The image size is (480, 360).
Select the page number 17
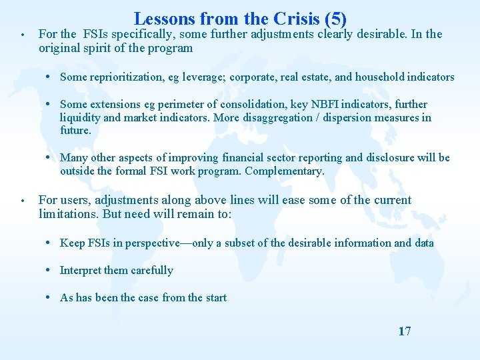(x=404, y=331)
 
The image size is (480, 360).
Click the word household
(x=383, y=77)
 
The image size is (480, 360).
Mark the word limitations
(x=67, y=214)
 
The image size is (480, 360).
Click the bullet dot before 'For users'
(x=23, y=201)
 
